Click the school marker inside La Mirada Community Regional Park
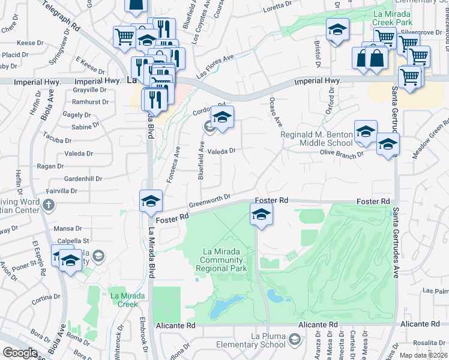261,215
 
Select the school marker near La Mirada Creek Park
337,29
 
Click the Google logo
20,353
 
